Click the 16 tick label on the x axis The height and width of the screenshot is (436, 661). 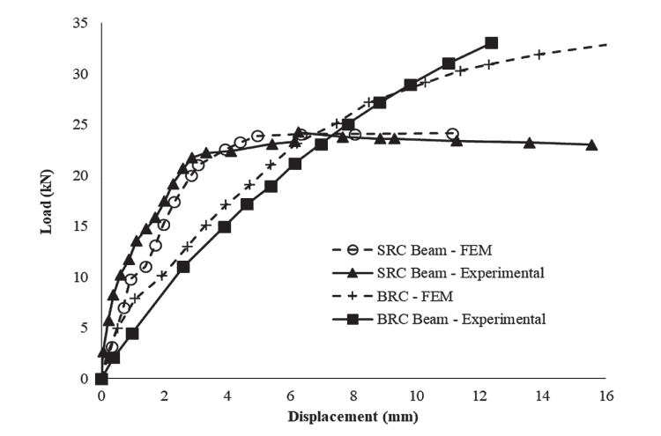[605, 396]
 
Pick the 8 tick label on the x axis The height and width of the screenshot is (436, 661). [353, 396]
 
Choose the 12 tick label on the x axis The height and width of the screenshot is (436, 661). [479, 396]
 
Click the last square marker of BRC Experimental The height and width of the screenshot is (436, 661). [491, 43]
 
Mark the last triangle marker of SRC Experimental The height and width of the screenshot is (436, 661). [591, 144]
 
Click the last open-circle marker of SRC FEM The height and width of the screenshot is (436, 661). [452, 134]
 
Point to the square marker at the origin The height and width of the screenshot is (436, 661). [101, 379]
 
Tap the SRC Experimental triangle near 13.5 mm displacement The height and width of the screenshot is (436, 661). [529, 143]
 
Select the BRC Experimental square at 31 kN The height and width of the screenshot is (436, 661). [449, 63]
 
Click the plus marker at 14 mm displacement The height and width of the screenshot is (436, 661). [540, 55]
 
